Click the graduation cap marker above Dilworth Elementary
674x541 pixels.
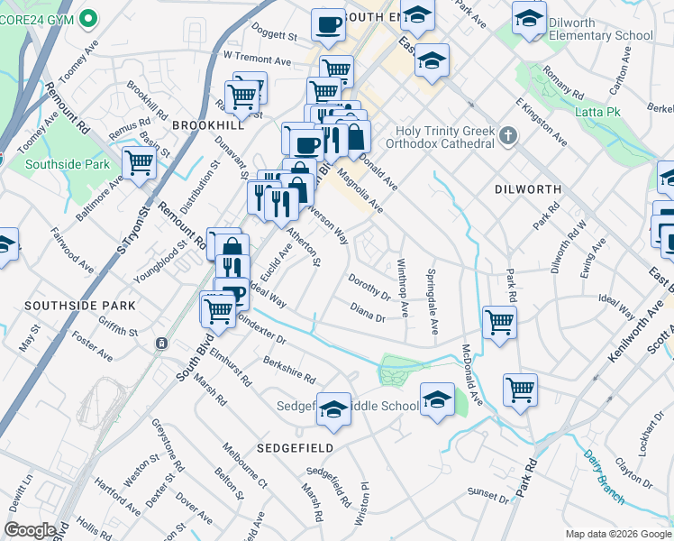tap(529, 19)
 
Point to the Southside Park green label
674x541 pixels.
tap(68, 164)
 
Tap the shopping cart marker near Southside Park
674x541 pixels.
tap(140, 163)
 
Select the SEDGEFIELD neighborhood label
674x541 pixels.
tap(295, 447)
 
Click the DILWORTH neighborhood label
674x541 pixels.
tap(528, 189)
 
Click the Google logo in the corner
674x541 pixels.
tap(29, 530)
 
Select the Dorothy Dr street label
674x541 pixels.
tap(369, 287)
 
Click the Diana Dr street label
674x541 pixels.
tap(368, 312)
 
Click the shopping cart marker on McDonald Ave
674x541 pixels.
tap(520, 390)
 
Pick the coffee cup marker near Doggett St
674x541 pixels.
tap(329, 24)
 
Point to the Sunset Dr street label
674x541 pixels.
tap(487, 493)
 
